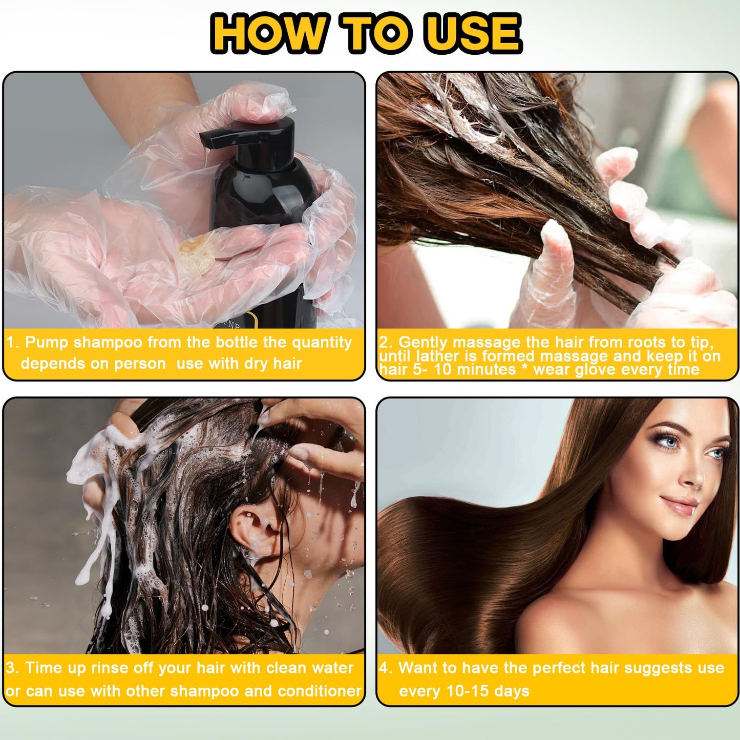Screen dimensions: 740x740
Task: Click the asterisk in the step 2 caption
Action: (525, 369)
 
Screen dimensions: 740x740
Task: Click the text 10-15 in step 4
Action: (469, 691)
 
